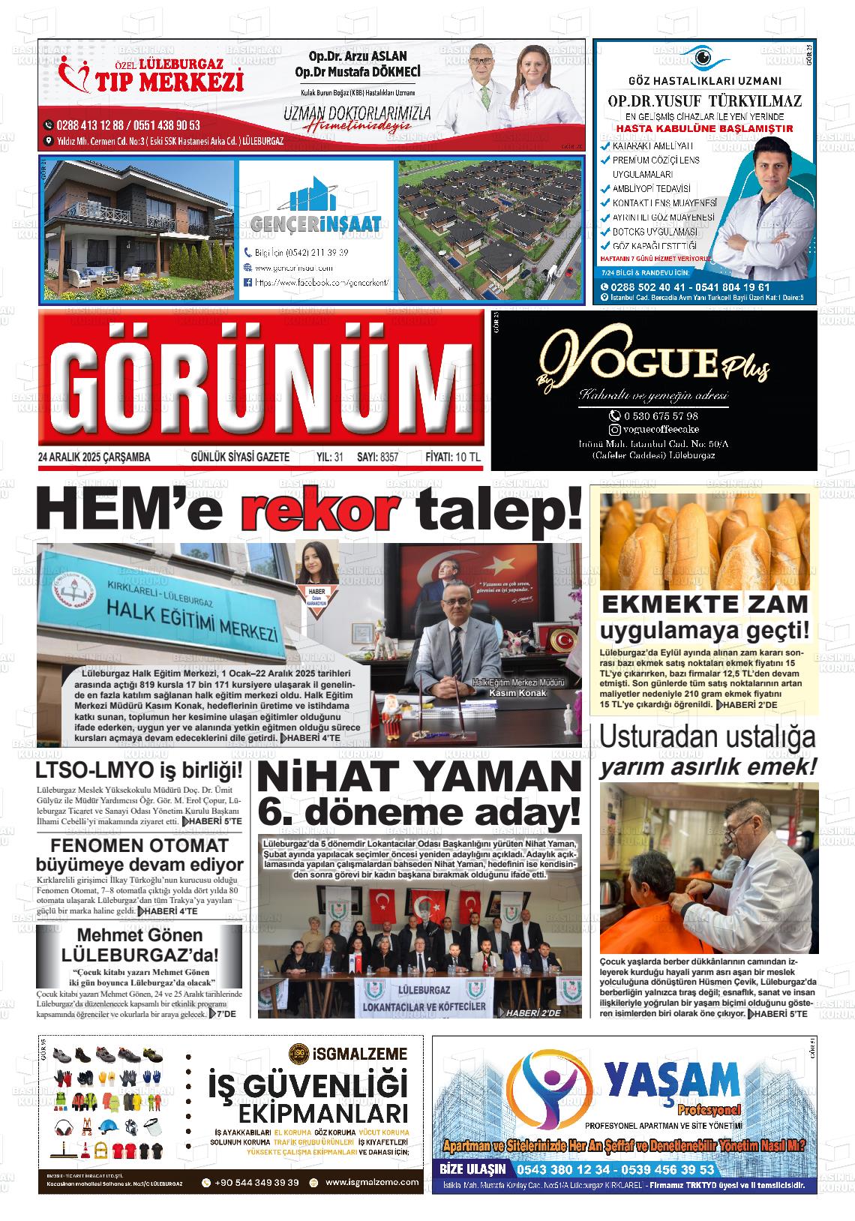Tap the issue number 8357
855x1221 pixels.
389,457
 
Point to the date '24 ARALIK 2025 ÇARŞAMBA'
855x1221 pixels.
94,457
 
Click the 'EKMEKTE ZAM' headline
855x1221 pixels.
705,604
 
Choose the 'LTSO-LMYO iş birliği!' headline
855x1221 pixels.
139,770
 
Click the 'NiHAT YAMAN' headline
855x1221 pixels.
419,777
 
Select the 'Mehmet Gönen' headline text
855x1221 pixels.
139,935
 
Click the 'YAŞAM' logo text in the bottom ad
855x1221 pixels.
672,1081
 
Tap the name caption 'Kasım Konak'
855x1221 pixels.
517,692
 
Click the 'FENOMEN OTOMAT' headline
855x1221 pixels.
139,845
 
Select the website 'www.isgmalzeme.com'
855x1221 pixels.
372,1182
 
